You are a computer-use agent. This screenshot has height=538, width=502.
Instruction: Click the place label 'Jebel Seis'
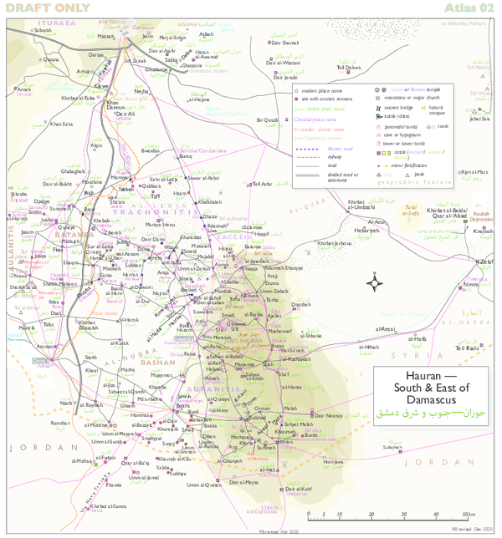coord(479,119)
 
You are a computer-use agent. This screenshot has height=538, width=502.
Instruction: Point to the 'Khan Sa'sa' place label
coord(62,124)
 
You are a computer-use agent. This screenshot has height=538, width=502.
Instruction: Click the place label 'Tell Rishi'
coord(467,348)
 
